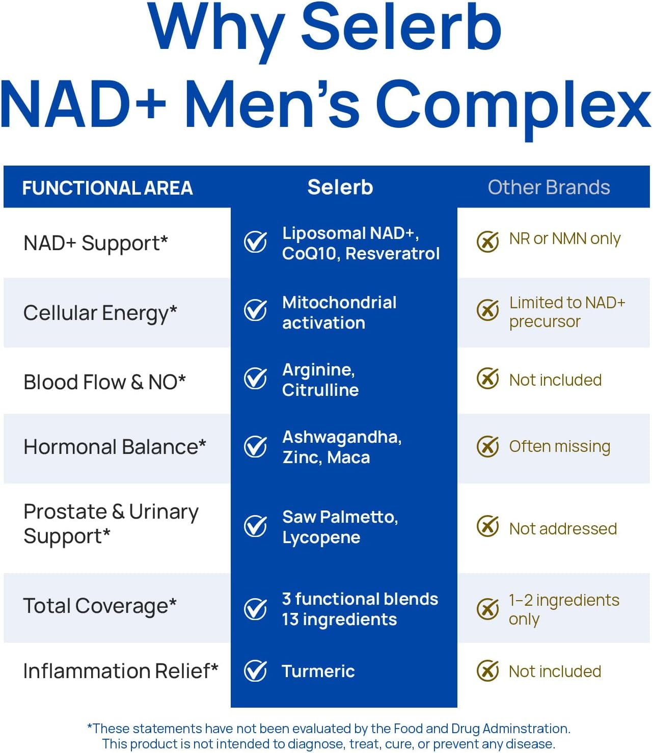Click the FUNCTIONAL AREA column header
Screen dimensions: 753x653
(107, 188)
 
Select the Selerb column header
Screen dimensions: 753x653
(340, 187)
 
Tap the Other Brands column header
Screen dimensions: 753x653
(549, 187)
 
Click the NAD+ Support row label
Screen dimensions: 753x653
(96, 243)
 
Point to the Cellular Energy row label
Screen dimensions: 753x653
(100, 313)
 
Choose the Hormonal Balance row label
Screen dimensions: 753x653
(115, 447)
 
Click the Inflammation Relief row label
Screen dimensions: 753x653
(121, 671)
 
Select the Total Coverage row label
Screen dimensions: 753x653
(100, 606)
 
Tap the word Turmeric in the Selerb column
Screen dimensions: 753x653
(318, 671)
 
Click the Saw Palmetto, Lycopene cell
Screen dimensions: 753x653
(340, 527)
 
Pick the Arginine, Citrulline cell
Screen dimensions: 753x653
(320, 380)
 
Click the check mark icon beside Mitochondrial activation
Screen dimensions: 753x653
(255, 310)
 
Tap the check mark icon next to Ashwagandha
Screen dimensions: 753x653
(255, 446)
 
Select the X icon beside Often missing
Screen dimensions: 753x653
(487, 446)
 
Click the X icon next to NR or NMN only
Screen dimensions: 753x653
(487, 241)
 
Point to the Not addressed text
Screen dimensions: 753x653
(563, 529)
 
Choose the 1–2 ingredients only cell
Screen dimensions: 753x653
(564, 609)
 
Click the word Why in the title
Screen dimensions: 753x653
(216, 28)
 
